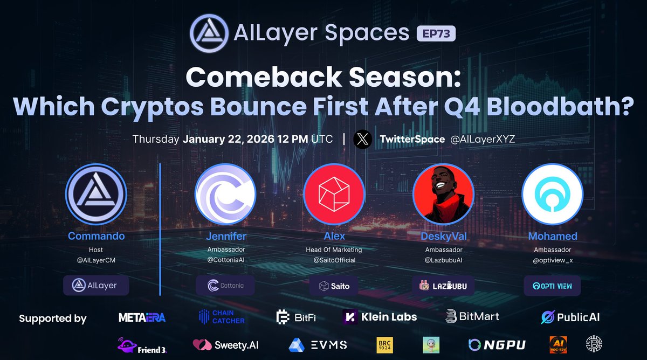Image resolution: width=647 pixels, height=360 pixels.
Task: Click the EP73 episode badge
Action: pyautogui.click(x=436, y=33)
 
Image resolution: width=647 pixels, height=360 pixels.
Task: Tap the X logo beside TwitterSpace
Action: pyautogui.click(x=363, y=140)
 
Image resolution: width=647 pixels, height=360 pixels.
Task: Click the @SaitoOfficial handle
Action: pyautogui.click(x=334, y=260)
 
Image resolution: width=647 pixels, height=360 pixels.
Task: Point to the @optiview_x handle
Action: pyautogui.click(x=552, y=260)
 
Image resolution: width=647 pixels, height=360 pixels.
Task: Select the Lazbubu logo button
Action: pyautogui.click(x=443, y=286)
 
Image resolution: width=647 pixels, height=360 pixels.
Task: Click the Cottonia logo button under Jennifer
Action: pyautogui.click(x=225, y=286)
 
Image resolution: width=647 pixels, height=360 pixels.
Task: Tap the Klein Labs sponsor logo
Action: pyautogui.click(x=380, y=317)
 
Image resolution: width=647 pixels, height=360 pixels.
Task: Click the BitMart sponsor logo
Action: pyautogui.click(x=472, y=317)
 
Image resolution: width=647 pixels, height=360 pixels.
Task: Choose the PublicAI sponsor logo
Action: pyautogui.click(x=570, y=317)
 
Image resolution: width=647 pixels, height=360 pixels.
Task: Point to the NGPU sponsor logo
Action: pyautogui.click(x=497, y=345)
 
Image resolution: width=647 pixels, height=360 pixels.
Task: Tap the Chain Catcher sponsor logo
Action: pyautogui.click(x=221, y=317)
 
